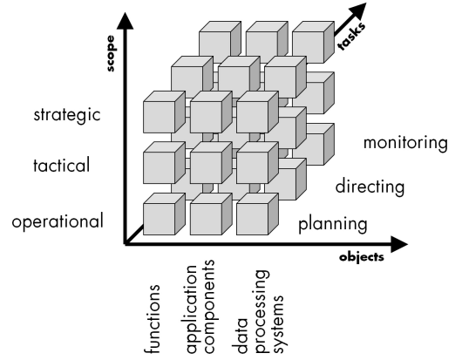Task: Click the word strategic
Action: click(x=67, y=115)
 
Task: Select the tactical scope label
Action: click(x=61, y=166)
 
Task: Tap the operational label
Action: click(x=58, y=221)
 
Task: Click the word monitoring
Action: click(x=405, y=143)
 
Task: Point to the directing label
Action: click(x=370, y=187)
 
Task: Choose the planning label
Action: click(x=333, y=224)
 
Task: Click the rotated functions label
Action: click(x=152, y=319)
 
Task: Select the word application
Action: click(x=192, y=309)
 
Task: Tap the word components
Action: click(x=209, y=306)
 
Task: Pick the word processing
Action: click(x=262, y=311)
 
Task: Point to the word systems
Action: click(x=279, y=323)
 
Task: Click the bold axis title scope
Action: click(x=110, y=53)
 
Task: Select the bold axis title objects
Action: click(x=362, y=257)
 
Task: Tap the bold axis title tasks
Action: click(x=352, y=37)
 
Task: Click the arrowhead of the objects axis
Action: click(x=399, y=244)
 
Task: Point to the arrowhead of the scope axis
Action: click(x=126, y=21)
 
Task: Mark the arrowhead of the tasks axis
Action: click(x=359, y=10)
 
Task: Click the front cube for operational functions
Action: click(x=164, y=214)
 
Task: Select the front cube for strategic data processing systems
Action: click(x=257, y=112)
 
